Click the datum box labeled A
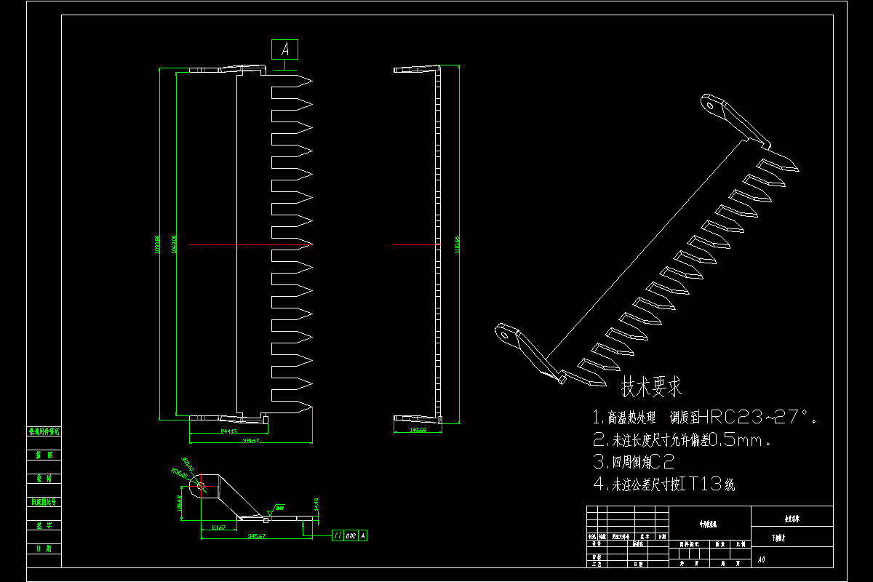click(x=284, y=49)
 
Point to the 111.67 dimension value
click(x=217, y=527)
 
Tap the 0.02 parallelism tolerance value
click(x=351, y=535)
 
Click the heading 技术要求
click(x=651, y=387)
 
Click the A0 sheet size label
click(x=761, y=560)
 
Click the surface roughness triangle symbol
click(x=277, y=509)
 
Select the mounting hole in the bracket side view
click(x=200, y=485)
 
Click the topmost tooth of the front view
click(x=292, y=81)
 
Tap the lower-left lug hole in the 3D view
click(x=503, y=334)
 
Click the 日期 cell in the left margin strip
click(x=44, y=548)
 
